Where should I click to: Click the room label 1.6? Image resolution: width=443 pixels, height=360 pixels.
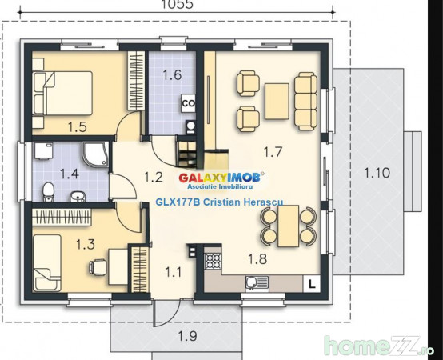coord(172,75)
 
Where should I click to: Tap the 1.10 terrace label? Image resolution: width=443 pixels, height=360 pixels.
coord(377,173)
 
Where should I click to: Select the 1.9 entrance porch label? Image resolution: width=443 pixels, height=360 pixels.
coord(188,336)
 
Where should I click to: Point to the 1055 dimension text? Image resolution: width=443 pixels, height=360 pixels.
coord(178,4)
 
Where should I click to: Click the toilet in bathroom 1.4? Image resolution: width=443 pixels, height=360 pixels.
coord(48,192)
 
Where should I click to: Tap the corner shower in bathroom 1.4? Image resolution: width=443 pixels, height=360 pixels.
coord(95,154)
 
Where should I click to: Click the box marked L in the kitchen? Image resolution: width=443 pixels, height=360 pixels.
coord(312,284)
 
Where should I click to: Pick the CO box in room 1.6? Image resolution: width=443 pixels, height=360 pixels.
coord(188,103)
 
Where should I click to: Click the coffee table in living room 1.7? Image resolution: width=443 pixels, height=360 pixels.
coord(277,101)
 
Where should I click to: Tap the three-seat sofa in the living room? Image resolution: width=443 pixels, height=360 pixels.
coord(305,101)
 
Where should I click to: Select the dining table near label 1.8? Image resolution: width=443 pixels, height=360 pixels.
coord(288,226)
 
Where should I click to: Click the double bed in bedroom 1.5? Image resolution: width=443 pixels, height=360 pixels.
coord(63,94)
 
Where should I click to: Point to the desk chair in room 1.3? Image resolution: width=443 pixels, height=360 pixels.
coord(98,267)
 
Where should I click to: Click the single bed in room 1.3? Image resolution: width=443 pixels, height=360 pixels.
coord(47,262)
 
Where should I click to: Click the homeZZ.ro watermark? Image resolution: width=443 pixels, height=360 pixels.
coord(379,346)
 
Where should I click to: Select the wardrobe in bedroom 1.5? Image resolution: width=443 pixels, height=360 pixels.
coord(136,80)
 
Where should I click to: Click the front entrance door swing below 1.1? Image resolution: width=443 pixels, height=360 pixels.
coord(166,314)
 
